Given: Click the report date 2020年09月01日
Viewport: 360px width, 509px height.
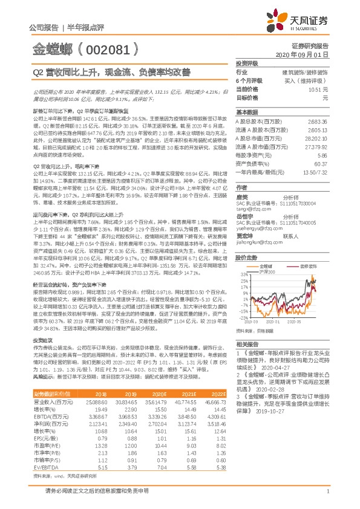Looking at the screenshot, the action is tap(306, 54).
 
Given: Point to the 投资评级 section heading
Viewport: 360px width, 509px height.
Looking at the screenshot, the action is tap(247, 62).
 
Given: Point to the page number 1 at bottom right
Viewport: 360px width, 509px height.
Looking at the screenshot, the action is tap(327, 492).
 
